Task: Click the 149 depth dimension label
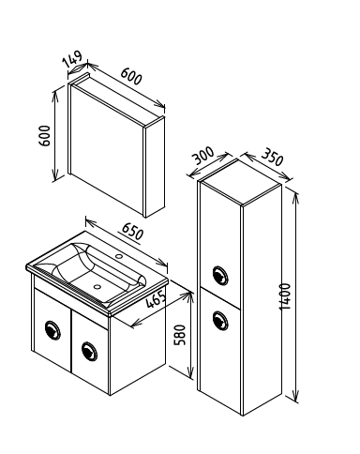point(72,58)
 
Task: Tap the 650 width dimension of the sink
point(132,232)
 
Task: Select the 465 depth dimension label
point(156,299)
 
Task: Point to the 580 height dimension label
point(180,335)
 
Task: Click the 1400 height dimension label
point(285,297)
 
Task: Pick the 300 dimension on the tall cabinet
point(203,156)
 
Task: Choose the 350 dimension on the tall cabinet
point(272,157)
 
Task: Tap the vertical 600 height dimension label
point(44,136)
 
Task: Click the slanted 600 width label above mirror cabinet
point(131,76)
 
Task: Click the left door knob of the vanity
point(52,330)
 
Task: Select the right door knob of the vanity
point(89,351)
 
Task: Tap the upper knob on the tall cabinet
point(220,275)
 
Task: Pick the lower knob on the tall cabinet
point(220,321)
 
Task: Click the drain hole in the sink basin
point(97,286)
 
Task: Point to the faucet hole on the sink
point(119,256)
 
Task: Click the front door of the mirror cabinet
point(106,150)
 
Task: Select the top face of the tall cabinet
point(241,183)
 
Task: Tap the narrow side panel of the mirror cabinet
point(154,167)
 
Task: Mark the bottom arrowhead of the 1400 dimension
point(296,396)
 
